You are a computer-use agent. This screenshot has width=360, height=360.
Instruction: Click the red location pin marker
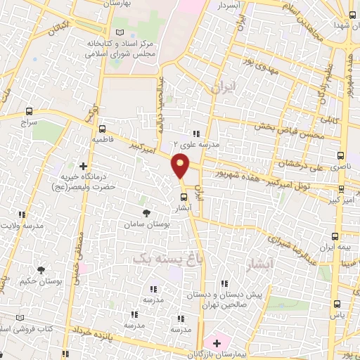click(x=181, y=166)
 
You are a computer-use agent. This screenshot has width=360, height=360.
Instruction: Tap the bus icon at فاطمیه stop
click(x=103, y=129)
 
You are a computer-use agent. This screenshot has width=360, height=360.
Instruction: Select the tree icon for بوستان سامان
click(x=146, y=213)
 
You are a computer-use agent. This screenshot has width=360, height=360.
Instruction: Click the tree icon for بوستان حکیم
click(x=41, y=270)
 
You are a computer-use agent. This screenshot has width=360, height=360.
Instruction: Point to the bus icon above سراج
click(x=29, y=111)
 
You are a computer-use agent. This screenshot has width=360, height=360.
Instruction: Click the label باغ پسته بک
click(x=163, y=259)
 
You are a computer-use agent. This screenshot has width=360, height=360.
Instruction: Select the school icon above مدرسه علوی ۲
click(x=196, y=134)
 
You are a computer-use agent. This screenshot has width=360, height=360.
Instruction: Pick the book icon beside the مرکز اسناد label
click(x=118, y=33)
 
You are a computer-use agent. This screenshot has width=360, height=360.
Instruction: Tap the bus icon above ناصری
click(x=340, y=155)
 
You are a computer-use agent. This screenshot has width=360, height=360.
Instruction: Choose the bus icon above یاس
click(x=336, y=304)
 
